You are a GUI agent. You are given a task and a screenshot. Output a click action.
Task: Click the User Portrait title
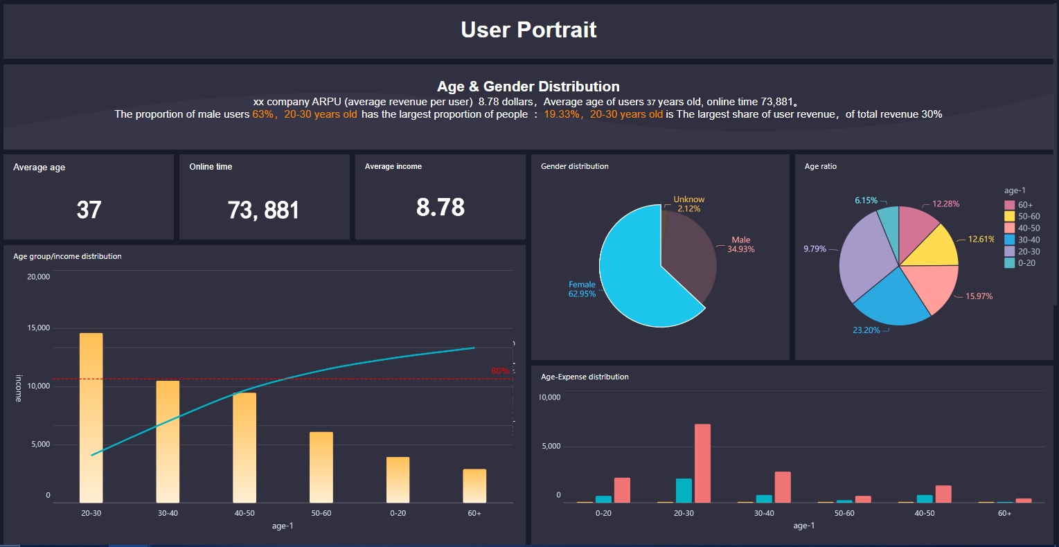pos(528,30)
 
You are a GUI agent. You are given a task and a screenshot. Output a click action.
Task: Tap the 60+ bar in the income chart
pos(474,486)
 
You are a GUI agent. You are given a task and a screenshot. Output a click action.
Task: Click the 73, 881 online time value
pos(263,210)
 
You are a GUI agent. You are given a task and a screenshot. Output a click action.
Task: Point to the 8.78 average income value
pos(440,207)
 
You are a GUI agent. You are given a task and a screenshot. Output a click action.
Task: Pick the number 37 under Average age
pos(89,210)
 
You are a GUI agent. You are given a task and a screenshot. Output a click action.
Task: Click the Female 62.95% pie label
pos(582,289)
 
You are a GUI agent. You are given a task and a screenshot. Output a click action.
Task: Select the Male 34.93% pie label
pos(740,244)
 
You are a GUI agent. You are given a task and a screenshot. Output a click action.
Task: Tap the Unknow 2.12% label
pos(688,204)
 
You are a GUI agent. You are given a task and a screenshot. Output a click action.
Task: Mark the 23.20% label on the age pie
pos(866,330)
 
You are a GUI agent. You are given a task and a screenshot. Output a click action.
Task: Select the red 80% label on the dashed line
pos(500,371)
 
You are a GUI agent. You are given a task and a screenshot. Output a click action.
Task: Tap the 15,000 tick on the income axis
pos(38,328)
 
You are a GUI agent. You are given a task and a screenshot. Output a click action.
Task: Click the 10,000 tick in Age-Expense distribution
pos(550,397)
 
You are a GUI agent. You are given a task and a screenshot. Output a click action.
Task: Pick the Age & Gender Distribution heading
pos(528,87)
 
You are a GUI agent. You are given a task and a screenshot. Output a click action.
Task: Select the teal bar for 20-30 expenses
pos(684,490)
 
